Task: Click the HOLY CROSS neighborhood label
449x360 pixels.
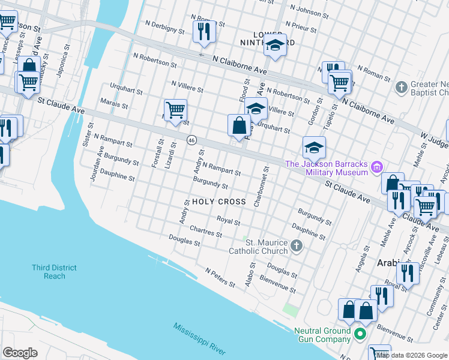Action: [218, 202]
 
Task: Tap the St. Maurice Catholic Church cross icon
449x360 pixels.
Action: [296, 245]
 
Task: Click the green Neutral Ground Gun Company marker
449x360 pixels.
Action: [360, 334]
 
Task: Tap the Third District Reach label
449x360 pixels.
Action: [55, 271]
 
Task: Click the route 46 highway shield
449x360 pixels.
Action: [191, 140]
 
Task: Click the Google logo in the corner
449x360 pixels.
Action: [20, 353]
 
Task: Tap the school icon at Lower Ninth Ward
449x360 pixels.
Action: [275, 46]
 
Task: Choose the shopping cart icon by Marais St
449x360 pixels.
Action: [175, 110]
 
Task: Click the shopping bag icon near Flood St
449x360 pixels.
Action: [239, 126]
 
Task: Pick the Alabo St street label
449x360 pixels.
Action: [250, 273]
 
